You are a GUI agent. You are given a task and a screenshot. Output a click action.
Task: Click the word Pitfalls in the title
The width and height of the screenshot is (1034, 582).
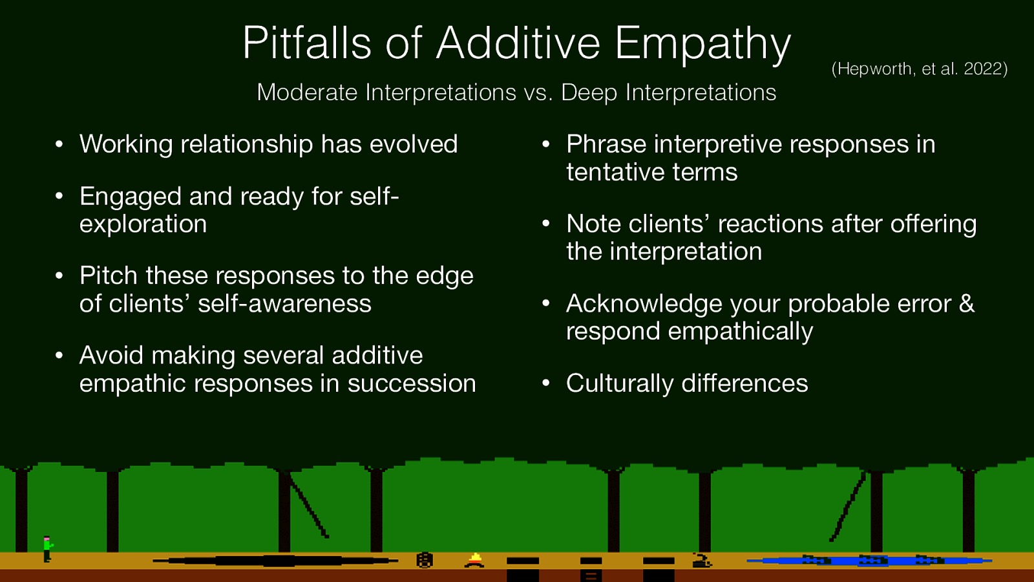(307, 43)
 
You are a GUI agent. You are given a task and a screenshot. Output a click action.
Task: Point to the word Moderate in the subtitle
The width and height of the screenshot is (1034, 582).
(307, 92)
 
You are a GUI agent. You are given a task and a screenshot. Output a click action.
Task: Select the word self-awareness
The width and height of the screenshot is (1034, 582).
(284, 303)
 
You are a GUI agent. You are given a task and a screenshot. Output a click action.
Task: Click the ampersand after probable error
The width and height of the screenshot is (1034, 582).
(966, 303)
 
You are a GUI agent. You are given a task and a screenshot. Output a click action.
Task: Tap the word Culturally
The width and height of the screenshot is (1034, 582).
(619, 383)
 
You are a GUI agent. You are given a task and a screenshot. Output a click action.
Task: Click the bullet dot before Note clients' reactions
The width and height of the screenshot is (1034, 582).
(546, 224)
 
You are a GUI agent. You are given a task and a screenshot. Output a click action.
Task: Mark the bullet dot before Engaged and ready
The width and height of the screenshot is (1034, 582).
(59, 197)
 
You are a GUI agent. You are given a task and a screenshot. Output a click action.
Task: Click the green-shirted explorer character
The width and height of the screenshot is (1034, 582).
(47, 548)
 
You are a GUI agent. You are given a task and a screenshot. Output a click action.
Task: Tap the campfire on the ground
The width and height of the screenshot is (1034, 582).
(475, 560)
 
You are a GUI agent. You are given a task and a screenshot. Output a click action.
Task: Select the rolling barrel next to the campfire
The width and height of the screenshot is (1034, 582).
(424, 560)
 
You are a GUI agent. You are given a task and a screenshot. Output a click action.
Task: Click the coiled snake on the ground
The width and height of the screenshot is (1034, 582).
(701, 560)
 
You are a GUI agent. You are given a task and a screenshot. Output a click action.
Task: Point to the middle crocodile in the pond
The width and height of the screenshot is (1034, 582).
(872, 560)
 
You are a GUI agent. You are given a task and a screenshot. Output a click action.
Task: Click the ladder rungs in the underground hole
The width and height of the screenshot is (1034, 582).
(590, 575)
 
